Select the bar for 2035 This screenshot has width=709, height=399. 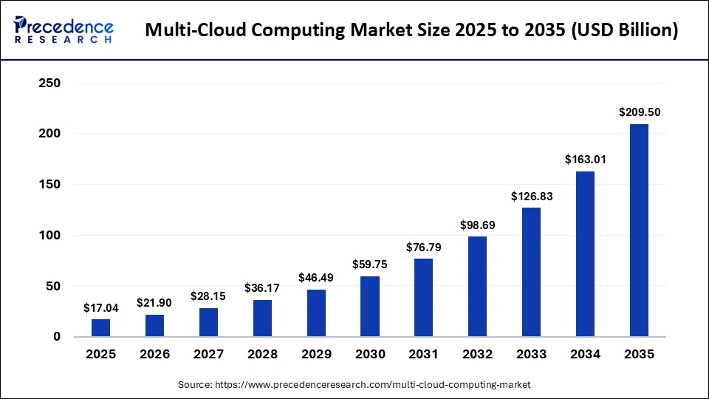click(x=639, y=231)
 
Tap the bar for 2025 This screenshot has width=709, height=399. click(x=101, y=328)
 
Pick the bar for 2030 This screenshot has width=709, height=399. click(x=370, y=307)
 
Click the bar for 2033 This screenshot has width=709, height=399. click(x=531, y=272)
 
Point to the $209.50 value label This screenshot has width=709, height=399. click(x=639, y=112)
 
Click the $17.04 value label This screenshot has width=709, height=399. click(x=101, y=307)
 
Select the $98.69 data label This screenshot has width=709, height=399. click(x=477, y=225)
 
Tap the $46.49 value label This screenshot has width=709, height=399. click(x=316, y=278)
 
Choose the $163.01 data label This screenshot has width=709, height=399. click(x=585, y=160)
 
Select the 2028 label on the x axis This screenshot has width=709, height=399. click(x=262, y=355)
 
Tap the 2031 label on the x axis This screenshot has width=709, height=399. click(x=424, y=355)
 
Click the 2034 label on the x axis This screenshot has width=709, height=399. click(x=585, y=355)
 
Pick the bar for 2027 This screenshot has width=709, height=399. click(x=208, y=322)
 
